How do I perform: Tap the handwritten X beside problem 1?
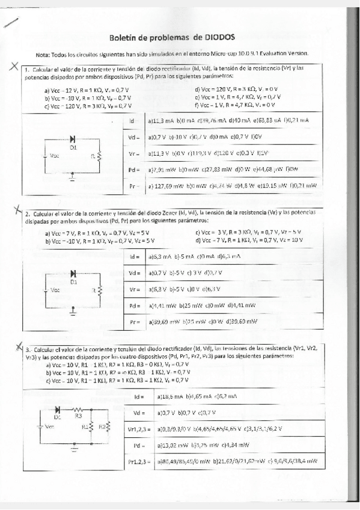[x=13, y=67]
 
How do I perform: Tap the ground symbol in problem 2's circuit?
[x=73, y=311]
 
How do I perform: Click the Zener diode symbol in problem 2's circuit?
[x=73, y=274]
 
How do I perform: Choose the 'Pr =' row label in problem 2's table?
[x=135, y=322]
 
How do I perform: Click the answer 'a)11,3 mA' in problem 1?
[x=160, y=120]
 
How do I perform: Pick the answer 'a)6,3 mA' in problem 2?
[x=159, y=257]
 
